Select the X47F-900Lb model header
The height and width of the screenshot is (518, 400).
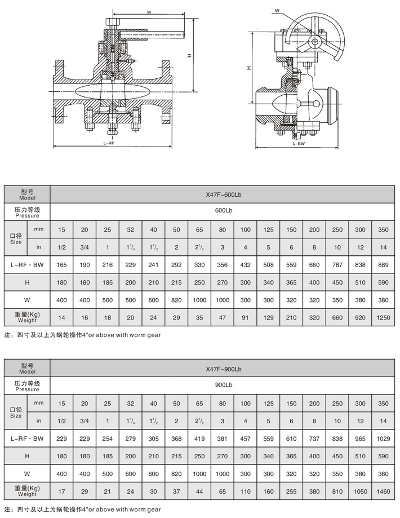[x=224, y=369]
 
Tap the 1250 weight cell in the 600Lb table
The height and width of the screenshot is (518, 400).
[x=383, y=317]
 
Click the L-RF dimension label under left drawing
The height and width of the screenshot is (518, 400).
[x=110, y=143]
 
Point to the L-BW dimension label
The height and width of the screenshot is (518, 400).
[x=299, y=144]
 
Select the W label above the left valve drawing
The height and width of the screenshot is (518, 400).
[x=149, y=11]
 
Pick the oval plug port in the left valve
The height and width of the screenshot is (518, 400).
[x=113, y=92]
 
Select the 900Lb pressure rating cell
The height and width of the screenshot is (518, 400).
[x=224, y=386]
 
